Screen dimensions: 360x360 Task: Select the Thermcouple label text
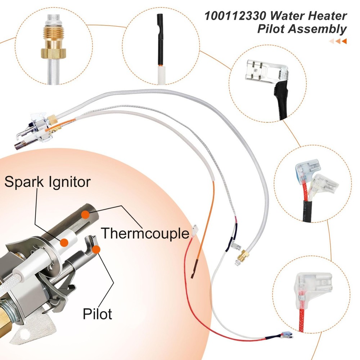click(145, 233)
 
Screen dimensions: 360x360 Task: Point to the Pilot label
click(97, 314)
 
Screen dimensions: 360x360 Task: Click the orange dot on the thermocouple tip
click(85, 215)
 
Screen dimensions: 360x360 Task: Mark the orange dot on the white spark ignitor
click(64, 242)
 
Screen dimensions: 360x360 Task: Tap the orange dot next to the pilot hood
click(96, 249)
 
